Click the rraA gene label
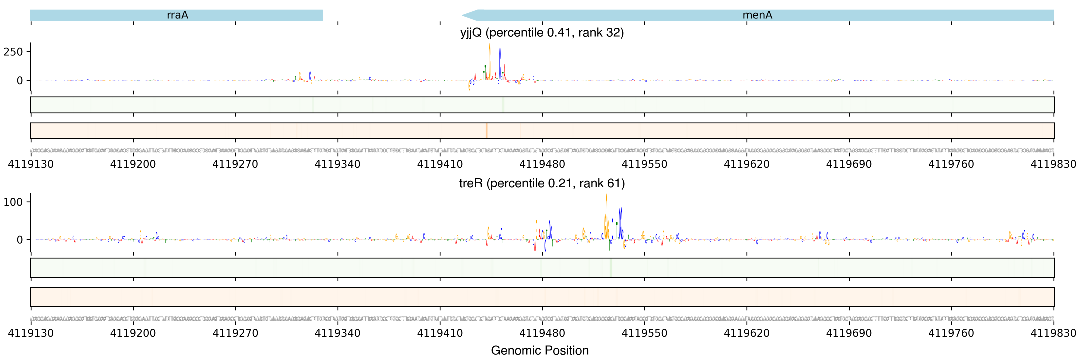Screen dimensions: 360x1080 pos(177,15)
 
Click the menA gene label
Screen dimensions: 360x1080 pos(757,15)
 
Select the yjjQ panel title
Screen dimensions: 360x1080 pos(542,33)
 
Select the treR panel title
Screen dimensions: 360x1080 pos(542,183)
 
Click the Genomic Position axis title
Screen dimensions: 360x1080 pos(539,350)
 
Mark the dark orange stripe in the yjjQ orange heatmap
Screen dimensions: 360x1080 pos(486,131)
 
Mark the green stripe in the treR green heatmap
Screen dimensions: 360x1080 pos(611,268)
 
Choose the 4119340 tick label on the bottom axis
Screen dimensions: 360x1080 pos(337,333)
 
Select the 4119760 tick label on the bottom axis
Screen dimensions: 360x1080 pos(951,333)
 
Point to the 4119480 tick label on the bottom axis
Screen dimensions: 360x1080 pos(542,333)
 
